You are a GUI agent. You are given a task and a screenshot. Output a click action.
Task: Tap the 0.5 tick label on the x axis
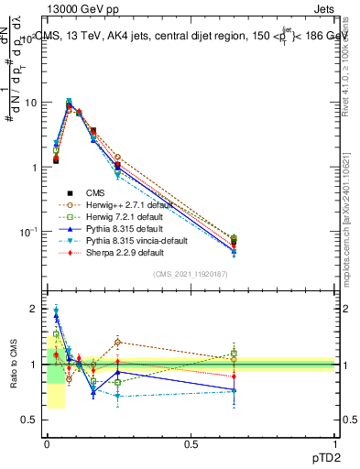click(x=191, y=443)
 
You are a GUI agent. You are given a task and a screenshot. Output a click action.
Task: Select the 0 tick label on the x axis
click(x=47, y=443)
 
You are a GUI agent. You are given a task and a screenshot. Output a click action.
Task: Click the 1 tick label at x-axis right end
click(x=335, y=443)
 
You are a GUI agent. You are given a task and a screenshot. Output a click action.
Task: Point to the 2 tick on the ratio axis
click(x=34, y=309)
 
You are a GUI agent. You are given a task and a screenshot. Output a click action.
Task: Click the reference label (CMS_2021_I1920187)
click(x=191, y=274)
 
